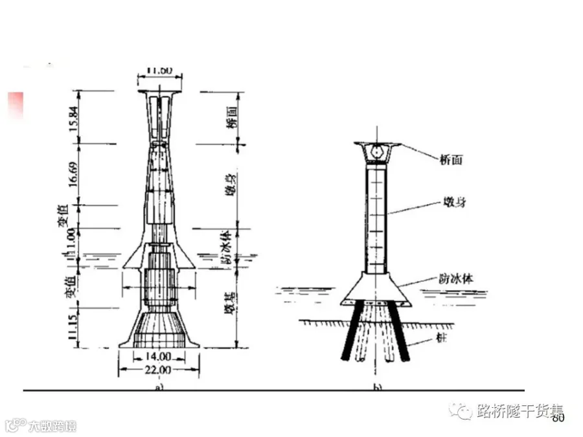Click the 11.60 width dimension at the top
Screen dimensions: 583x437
point(158,69)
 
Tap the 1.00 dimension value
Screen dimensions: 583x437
point(77,240)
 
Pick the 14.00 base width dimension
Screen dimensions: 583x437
point(158,357)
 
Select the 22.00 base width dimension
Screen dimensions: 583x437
point(159,370)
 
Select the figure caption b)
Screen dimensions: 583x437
point(377,387)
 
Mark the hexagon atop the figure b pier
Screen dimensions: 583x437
point(377,153)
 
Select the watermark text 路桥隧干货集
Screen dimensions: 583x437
point(519,410)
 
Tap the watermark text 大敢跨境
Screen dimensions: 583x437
point(52,426)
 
